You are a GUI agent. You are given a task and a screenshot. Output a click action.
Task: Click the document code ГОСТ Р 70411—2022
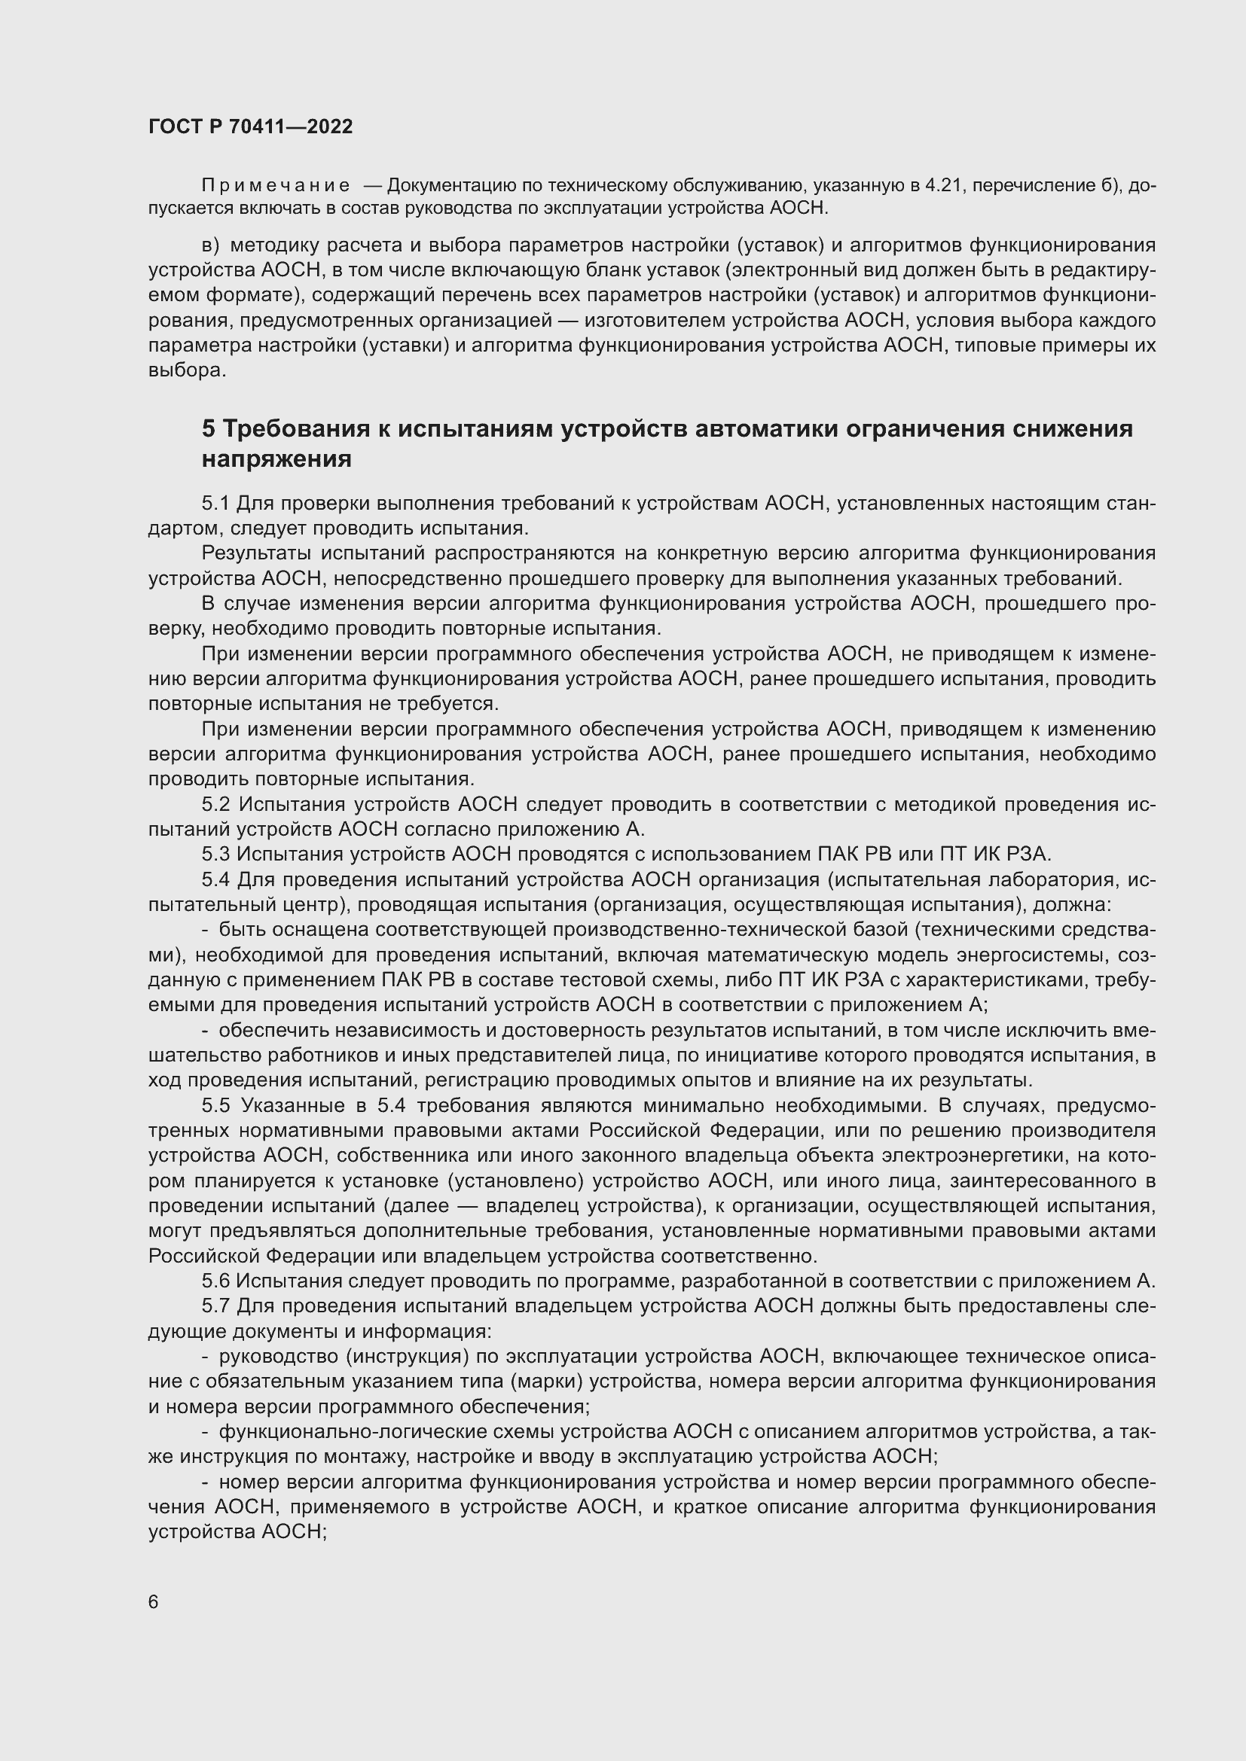point(250,126)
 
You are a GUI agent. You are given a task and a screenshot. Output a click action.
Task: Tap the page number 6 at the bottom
point(154,1602)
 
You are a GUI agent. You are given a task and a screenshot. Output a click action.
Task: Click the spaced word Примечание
point(276,186)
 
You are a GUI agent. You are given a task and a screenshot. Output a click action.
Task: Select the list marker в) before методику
point(210,245)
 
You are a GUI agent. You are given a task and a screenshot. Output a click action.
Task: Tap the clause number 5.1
point(215,503)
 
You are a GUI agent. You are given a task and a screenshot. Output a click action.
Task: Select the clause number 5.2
point(217,804)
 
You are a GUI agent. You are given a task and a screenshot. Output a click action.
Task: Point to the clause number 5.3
point(215,854)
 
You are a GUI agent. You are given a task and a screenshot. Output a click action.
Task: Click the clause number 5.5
point(217,1105)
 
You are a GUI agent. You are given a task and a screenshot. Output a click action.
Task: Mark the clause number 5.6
point(215,1281)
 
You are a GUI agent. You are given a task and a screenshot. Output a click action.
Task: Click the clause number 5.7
point(215,1306)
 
